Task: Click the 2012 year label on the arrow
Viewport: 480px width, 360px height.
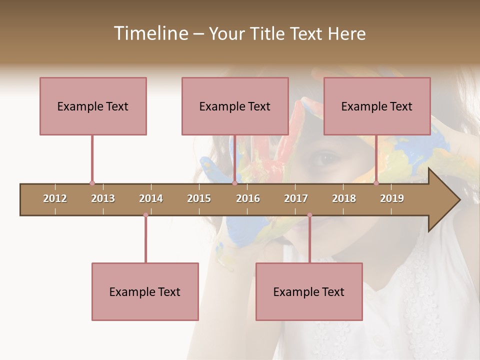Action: tap(55, 198)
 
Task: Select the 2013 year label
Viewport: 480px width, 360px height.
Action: tap(103, 198)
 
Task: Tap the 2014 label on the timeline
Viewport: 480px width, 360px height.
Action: tap(151, 198)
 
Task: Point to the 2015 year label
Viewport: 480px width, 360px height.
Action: tap(199, 198)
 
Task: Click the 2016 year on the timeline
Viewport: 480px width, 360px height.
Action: tap(248, 198)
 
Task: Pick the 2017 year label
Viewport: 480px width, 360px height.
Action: tap(296, 198)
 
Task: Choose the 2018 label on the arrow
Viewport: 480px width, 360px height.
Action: tap(344, 198)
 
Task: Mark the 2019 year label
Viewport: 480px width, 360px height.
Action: tap(392, 198)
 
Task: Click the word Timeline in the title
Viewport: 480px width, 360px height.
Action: tap(150, 33)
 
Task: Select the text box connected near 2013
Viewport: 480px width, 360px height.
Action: tap(93, 106)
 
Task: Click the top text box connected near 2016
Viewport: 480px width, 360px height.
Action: tap(235, 106)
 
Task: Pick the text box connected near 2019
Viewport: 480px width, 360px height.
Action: tap(377, 106)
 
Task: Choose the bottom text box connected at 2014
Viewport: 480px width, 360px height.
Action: tap(145, 291)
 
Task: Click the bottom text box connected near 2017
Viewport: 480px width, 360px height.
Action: tap(309, 291)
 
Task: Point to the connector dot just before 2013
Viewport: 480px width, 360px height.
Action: tap(92, 183)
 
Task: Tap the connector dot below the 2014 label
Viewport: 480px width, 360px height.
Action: tap(145, 215)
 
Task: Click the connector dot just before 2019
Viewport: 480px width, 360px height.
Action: tap(376, 183)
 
